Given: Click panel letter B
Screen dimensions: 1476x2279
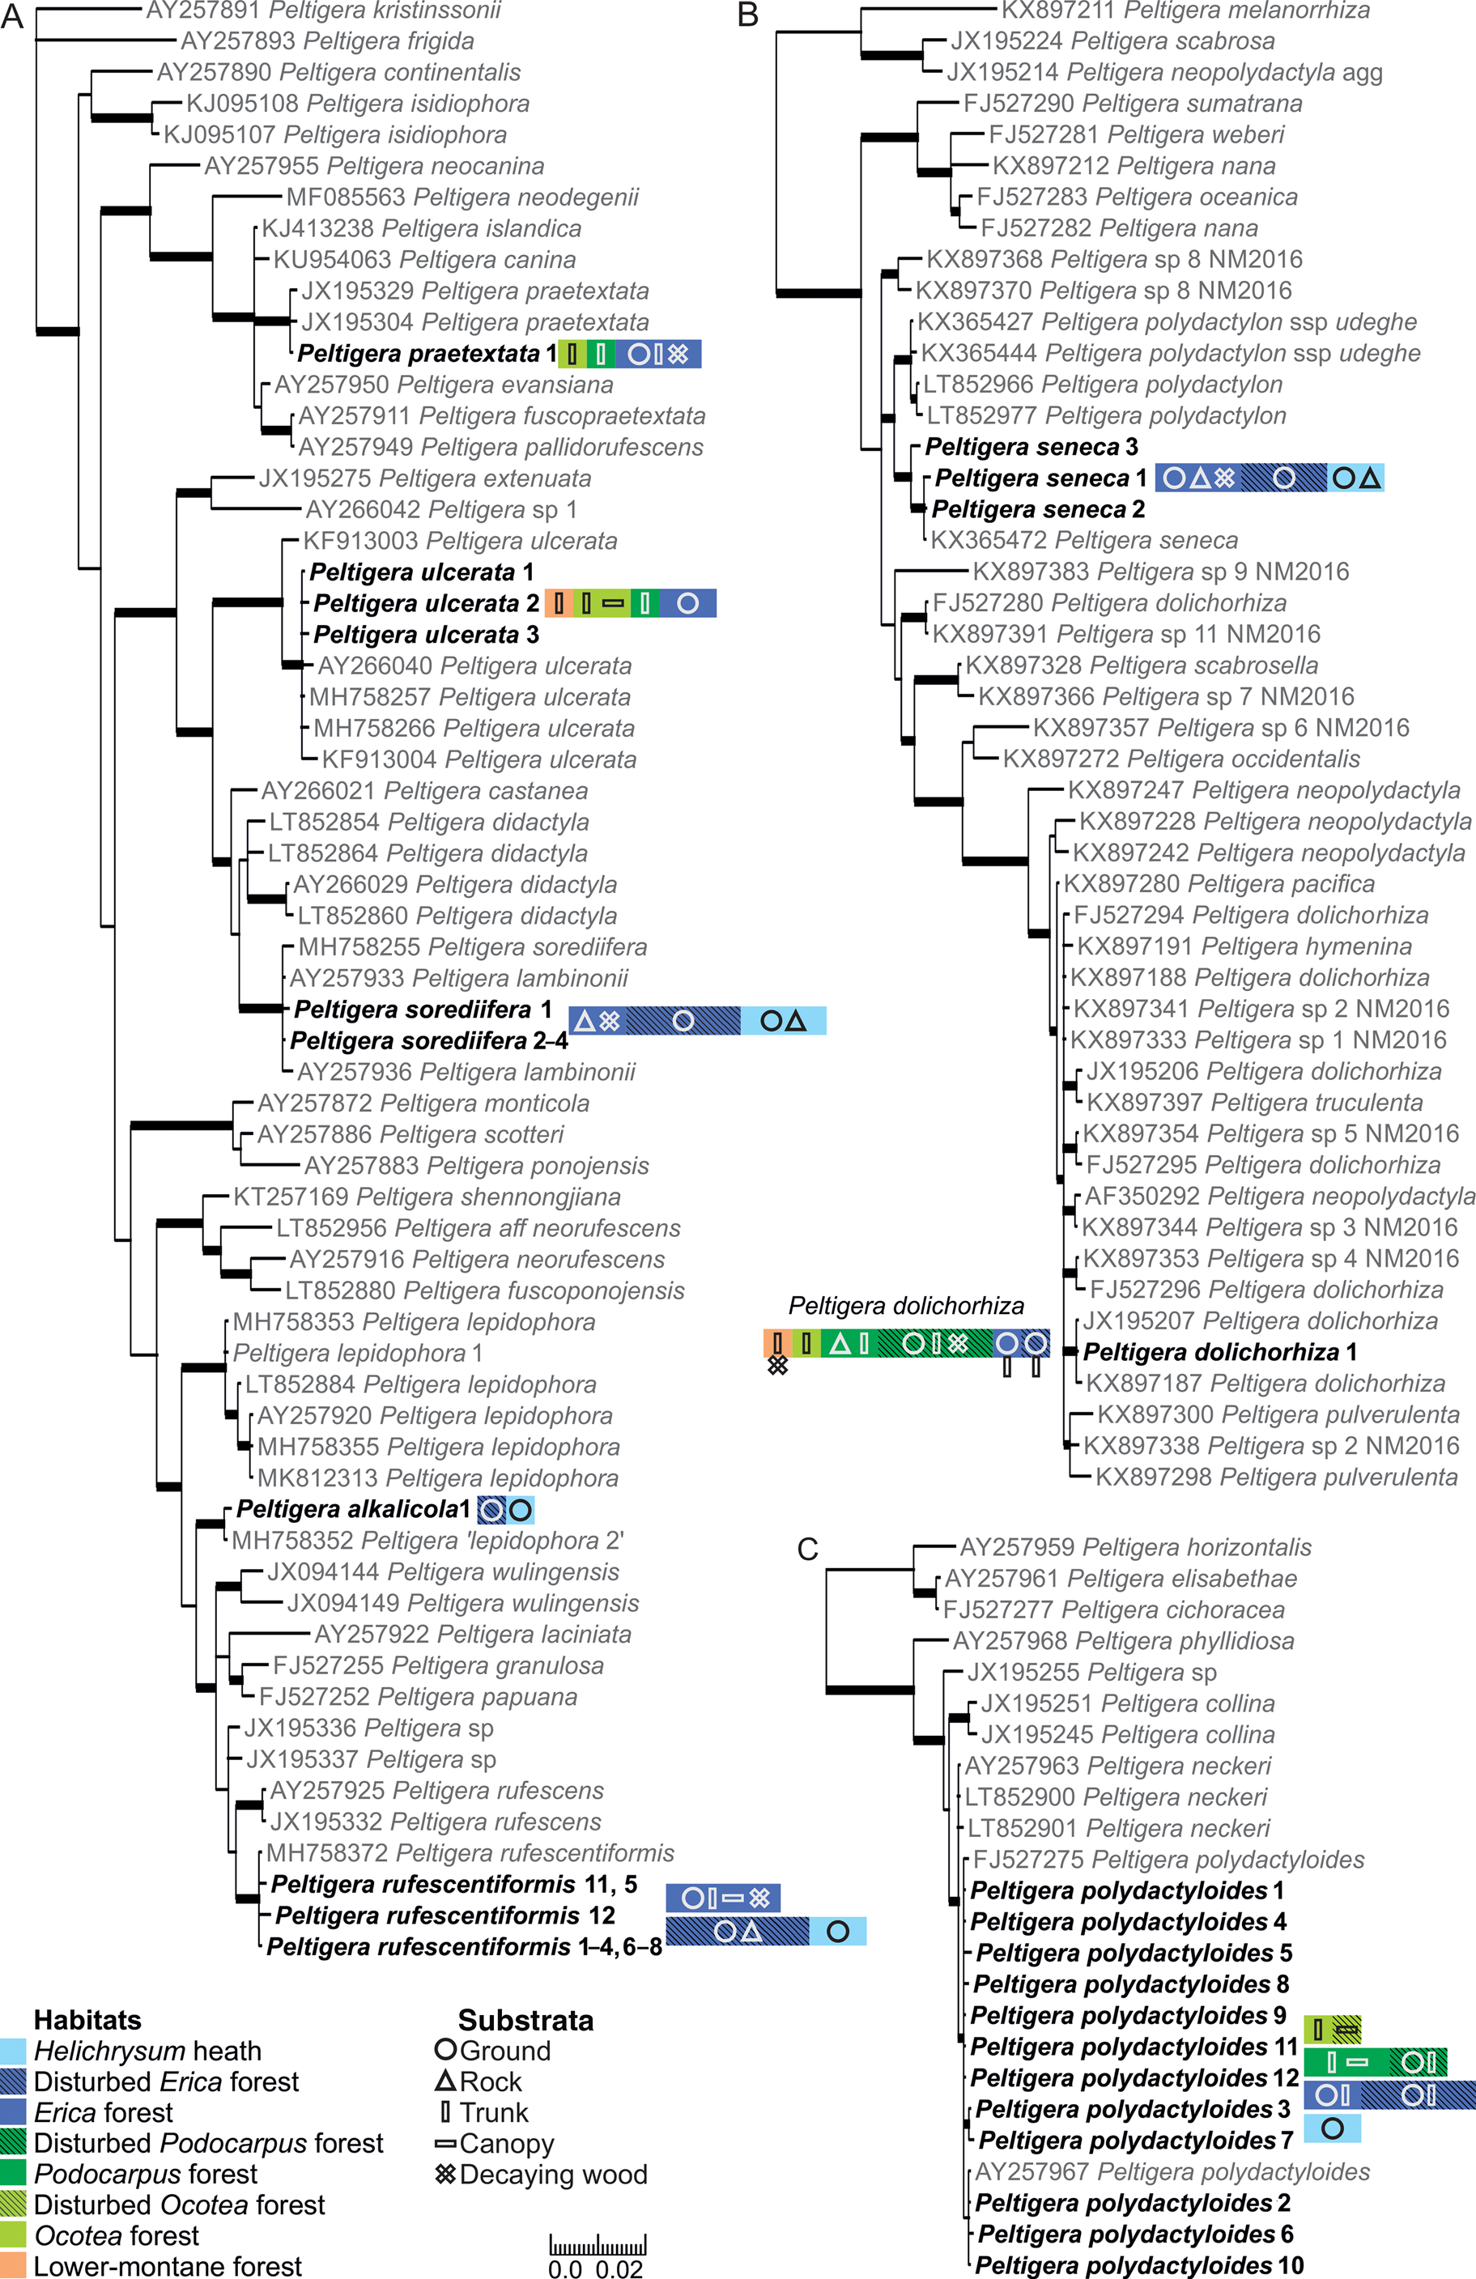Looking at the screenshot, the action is coord(748,15).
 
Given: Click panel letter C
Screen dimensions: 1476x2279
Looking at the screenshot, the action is coord(807,1549).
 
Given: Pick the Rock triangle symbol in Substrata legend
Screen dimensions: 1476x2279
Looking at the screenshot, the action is coord(445,2081).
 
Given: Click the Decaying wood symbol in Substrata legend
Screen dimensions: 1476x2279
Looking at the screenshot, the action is coord(445,2174).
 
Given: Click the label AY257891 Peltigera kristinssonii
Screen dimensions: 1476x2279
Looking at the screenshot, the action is coord(324,11).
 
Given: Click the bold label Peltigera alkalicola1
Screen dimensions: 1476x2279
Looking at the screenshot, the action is coord(354,1509).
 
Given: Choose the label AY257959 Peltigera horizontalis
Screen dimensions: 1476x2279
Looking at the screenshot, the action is coord(1136,1547).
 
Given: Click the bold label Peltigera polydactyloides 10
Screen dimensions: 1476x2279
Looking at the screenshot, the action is coord(1140,2265).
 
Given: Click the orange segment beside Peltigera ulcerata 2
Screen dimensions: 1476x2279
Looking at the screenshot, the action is coord(559,603).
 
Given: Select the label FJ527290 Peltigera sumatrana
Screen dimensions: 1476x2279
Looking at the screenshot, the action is coord(1133,104).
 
